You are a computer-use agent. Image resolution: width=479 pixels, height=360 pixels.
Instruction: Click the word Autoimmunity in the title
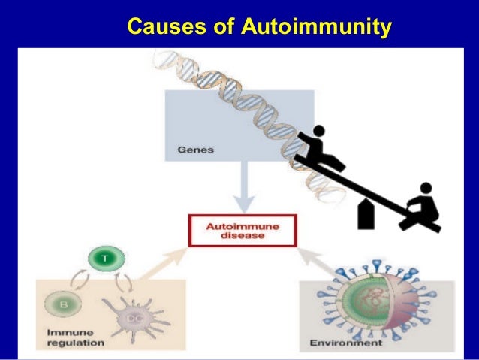pos(316,28)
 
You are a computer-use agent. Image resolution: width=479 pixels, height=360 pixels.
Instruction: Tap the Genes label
pos(195,150)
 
